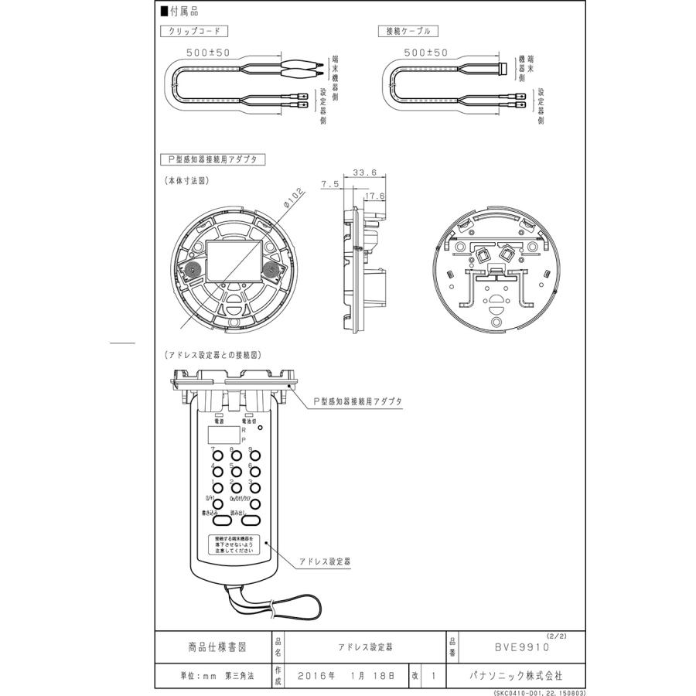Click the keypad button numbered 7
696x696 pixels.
[218, 457]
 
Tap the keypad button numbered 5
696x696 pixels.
[237, 472]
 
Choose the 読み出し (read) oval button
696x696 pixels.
[257, 521]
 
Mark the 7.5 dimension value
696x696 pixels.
[330, 184]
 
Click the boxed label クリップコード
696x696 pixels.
[194, 32]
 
